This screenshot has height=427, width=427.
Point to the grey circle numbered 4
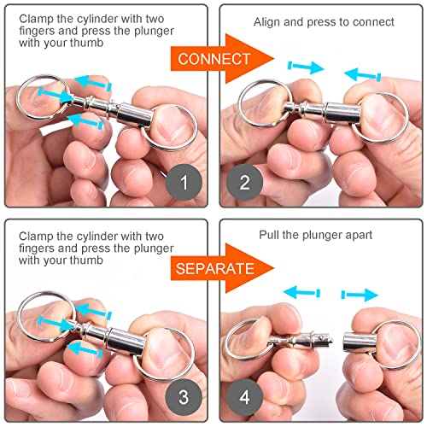[245, 395]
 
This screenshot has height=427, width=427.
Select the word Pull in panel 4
[272, 234]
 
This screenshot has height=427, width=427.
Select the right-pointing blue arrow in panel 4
[360, 295]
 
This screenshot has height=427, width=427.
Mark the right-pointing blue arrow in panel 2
[305, 67]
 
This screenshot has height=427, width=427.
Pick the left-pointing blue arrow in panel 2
[362, 76]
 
